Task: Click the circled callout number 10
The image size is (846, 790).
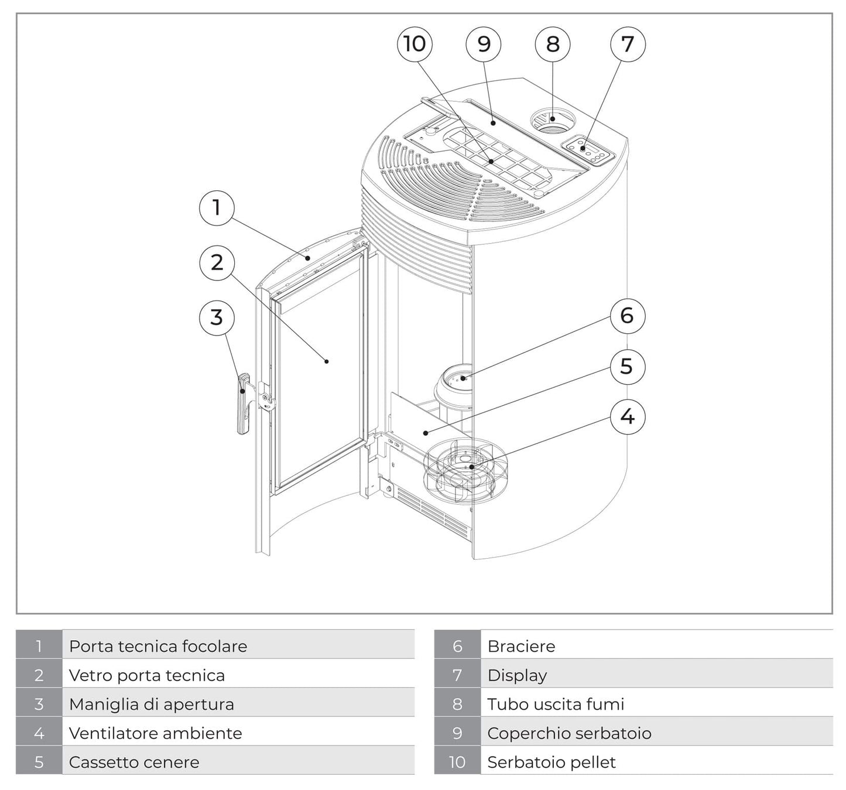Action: (415, 44)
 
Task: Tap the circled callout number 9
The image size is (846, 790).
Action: (484, 44)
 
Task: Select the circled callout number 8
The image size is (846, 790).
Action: (553, 44)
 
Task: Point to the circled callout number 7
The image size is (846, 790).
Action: (627, 44)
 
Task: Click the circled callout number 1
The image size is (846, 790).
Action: (217, 207)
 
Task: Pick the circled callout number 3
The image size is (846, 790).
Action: (217, 317)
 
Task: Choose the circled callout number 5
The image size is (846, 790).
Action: (626, 367)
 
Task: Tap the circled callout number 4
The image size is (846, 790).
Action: (626, 417)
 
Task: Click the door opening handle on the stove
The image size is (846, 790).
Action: (243, 404)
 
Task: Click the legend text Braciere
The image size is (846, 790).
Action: (521, 647)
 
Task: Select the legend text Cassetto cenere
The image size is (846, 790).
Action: (134, 762)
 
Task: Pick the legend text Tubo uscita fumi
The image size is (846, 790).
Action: (556, 704)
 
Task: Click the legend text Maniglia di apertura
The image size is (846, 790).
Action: (152, 704)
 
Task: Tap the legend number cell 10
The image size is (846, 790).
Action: (457, 762)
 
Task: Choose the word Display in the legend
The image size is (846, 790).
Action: (517, 675)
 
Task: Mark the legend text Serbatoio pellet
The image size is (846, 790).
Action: (552, 762)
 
